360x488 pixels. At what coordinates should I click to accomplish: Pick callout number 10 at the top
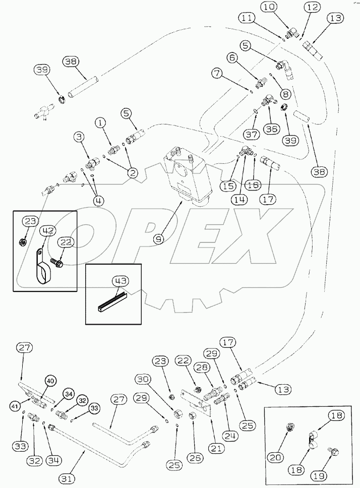[x=269, y=8]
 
